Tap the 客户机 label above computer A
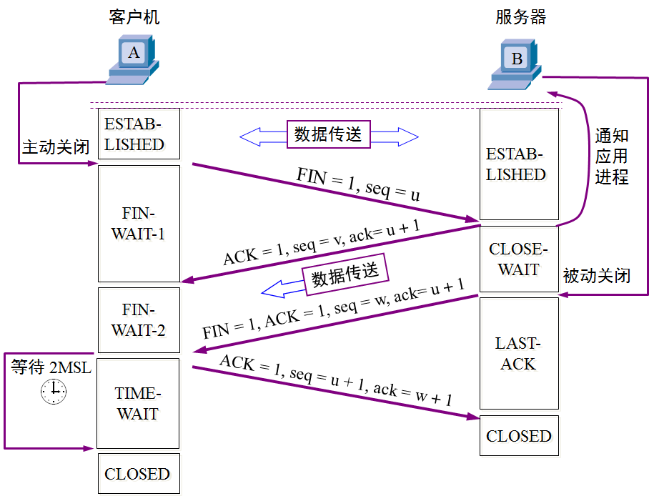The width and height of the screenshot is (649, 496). (134, 16)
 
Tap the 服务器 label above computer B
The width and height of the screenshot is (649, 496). (520, 16)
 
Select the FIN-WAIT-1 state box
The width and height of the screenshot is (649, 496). (138, 224)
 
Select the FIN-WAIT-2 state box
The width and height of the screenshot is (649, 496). (138, 319)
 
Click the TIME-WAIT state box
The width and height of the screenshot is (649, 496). (138, 403)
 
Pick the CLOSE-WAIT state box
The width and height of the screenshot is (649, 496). (518, 259)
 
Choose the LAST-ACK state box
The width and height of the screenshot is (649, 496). (518, 353)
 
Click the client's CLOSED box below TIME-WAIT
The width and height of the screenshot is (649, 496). (137, 474)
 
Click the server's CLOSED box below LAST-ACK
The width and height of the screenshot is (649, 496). (518, 436)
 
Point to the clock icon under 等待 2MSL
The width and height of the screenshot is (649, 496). (53, 392)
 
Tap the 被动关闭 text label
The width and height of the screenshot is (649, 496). (596, 275)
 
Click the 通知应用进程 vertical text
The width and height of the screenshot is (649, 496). (611, 157)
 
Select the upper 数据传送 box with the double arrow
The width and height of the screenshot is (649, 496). (329, 134)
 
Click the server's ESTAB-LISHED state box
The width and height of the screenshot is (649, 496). (518, 164)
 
